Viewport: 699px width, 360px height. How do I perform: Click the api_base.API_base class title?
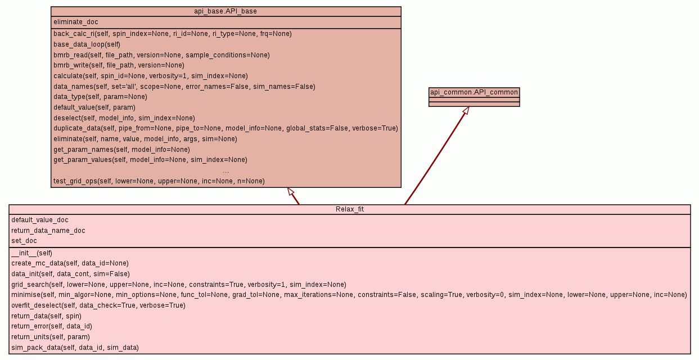click(x=226, y=11)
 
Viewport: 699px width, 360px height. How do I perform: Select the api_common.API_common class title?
click(x=474, y=92)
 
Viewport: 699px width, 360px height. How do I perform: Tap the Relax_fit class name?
click(x=349, y=209)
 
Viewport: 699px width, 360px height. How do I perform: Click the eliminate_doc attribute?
click(x=76, y=22)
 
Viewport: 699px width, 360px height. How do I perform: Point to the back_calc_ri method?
click(x=172, y=34)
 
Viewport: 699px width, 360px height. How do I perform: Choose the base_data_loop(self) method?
click(x=87, y=44)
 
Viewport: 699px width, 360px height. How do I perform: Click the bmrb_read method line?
click(x=161, y=55)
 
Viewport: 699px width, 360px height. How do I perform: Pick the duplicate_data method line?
click(x=226, y=128)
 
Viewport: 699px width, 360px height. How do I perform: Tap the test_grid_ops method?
click(x=159, y=181)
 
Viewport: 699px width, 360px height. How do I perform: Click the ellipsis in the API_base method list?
click(x=226, y=170)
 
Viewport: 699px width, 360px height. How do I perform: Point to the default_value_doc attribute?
click(x=40, y=220)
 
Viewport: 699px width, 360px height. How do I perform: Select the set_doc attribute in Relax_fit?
click(x=24, y=241)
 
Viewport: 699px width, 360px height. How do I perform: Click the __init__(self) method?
click(x=31, y=253)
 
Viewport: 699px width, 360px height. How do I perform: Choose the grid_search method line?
click(x=178, y=285)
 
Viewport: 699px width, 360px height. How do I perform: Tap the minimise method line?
click(x=349, y=295)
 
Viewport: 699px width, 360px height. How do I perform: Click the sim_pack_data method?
click(x=75, y=348)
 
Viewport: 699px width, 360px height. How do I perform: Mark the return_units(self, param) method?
click(x=51, y=337)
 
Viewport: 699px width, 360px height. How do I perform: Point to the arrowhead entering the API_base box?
click(x=291, y=192)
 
